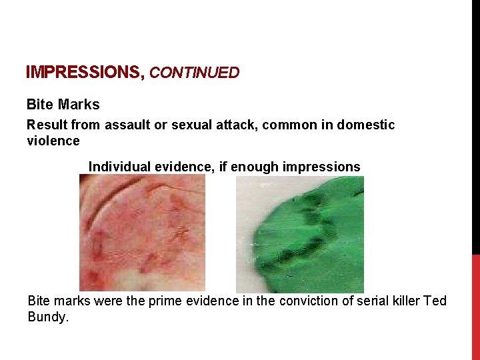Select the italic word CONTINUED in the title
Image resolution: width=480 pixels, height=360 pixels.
click(194, 73)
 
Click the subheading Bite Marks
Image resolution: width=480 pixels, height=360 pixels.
click(63, 105)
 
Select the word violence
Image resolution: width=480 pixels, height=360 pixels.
click(53, 141)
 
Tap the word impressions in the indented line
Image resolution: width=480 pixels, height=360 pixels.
click(321, 167)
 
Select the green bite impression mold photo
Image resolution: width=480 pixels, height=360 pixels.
click(300, 234)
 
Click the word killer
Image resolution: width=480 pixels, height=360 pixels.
click(402, 301)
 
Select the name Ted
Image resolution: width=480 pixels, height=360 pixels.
click(435, 301)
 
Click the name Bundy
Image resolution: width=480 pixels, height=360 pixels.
click(47, 317)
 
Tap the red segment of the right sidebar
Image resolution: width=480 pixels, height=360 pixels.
click(475, 307)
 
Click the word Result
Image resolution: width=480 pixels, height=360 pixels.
click(46, 125)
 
